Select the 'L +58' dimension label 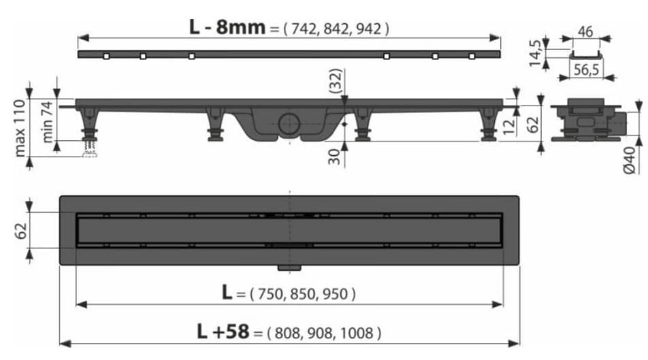[x=223, y=332]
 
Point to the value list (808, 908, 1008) [x=323, y=333]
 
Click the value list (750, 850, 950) [x=303, y=294]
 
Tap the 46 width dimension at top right [x=585, y=31]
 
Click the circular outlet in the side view [x=289, y=125]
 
